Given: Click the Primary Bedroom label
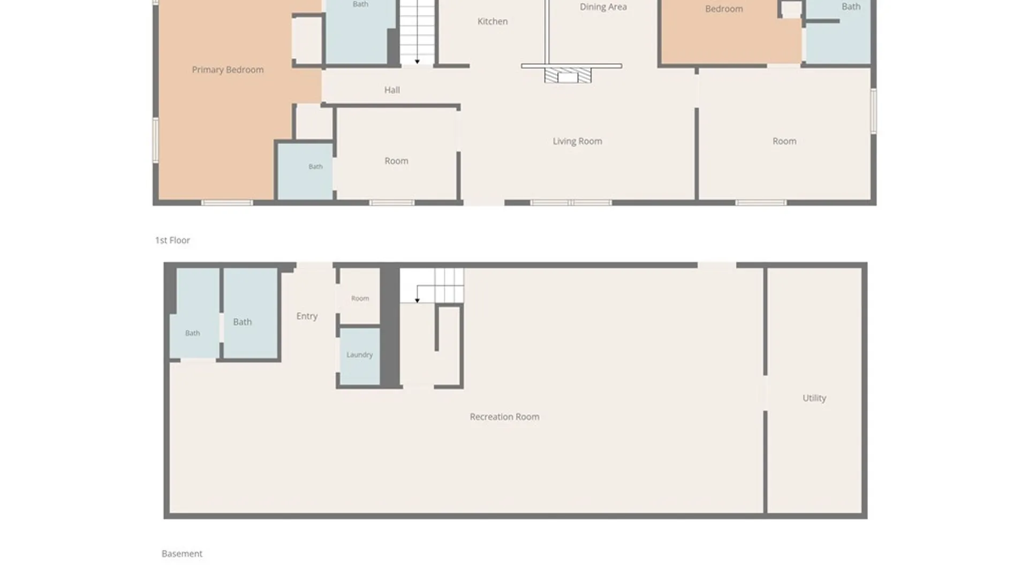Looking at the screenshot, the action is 228,70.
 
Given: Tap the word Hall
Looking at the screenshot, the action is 392,90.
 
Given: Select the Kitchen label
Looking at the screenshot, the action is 493,21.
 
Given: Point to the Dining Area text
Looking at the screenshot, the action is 603,7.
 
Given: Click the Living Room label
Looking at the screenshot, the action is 577,141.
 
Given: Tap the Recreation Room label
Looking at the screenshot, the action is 504,417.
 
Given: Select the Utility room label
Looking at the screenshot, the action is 814,398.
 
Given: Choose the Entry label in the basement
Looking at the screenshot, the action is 307,316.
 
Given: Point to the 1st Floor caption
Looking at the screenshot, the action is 172,240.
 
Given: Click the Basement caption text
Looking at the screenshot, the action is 182,554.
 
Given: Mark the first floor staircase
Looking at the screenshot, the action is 417,32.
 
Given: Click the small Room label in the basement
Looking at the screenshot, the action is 360,299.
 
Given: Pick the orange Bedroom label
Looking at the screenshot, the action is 724,9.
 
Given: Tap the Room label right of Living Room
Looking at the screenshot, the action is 784,141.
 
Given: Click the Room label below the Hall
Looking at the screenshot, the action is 396,161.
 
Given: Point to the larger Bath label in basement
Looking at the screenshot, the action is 242,322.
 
